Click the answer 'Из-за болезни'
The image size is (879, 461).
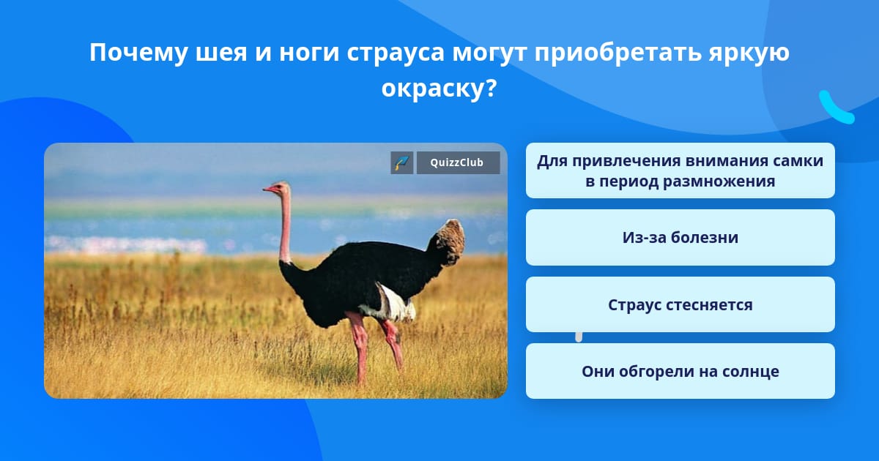tap(680, 237)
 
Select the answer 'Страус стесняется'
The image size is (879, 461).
tap(680, 304)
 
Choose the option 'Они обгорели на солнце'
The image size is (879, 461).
tap(680, 371)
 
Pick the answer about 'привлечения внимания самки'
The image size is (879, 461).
tap(680, 170)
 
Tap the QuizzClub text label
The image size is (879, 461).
tap(457, 162)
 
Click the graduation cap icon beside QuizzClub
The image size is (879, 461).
tap(402, 162)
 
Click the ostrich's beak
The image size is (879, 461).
tap(268, 190)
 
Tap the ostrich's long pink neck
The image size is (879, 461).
tap(285, 228)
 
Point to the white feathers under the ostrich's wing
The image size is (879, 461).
tap(393, 304)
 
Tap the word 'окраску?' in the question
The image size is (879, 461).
tap(439, 89)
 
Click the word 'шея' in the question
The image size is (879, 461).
tap(221, 53)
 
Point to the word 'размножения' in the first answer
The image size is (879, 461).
tap(719, 181)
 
